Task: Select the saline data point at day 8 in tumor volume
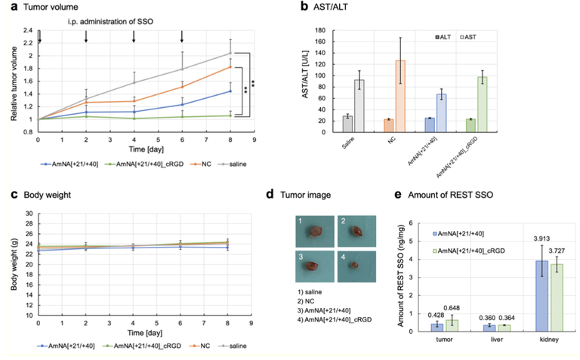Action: (x=230, y=53)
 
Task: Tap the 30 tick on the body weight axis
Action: (x=29, y=214)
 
